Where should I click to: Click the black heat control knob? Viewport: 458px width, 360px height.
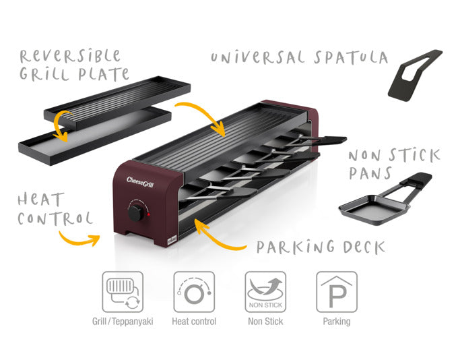pyautogui.click(x=135, y=212)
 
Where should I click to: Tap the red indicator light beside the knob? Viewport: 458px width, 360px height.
pyautogui.click(x=149, y=214)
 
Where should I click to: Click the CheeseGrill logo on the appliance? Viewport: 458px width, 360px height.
pyautogui.click(x=140, y=182)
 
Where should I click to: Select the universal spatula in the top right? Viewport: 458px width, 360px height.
pyautogui.click(x=415, y=76)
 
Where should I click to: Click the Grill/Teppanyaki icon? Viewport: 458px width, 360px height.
pyautogui.click(x=123, y=292)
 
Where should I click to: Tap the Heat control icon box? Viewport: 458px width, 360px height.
pyautogui.click(x=194, y=292)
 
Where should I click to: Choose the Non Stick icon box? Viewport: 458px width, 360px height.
pyautogui.click(x=265, y=292)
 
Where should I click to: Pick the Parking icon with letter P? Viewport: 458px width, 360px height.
pyautogui.click(x=337, y=292)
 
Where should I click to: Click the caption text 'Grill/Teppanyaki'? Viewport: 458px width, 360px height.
pyautogui.click(x=123, y=322)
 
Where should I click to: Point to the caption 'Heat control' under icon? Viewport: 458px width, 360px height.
pyautogui.click(x=194, y=322)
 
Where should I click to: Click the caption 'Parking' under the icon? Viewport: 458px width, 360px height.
pyautogui.click(x=337, y=322)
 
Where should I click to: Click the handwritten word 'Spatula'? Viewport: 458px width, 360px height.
pyautogui.click(x=351, y=57)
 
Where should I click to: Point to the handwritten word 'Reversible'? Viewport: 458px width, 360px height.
pyautogui.click(x=70, y=55)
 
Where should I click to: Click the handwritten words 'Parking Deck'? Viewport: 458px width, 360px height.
pyautogui.click(x=321, y=247)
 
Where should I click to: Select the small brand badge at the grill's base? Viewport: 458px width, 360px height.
pyautogui.click(x=172, y=239)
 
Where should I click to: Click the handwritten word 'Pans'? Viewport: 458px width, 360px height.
pyautogui.click(x=370, y=173)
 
